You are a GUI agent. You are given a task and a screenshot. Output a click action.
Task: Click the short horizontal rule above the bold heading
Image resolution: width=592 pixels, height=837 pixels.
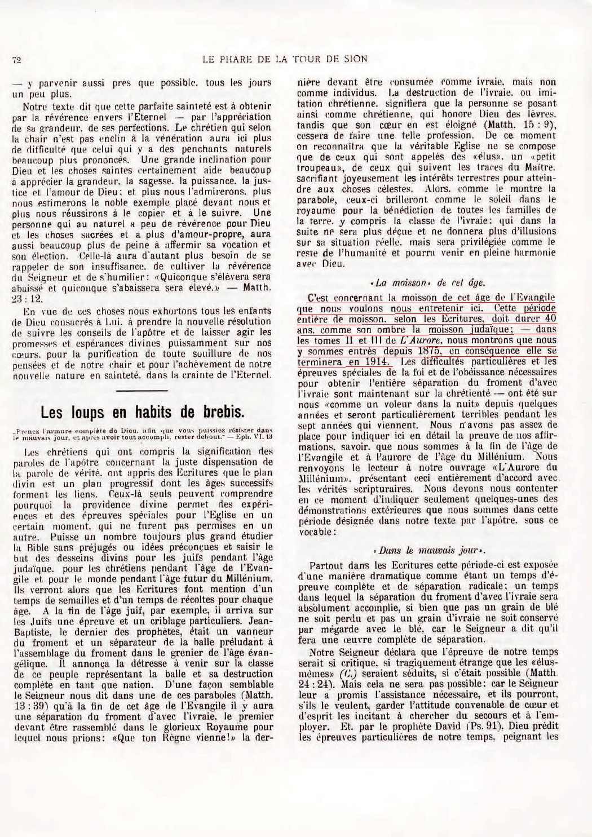click(x=144, y=391)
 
